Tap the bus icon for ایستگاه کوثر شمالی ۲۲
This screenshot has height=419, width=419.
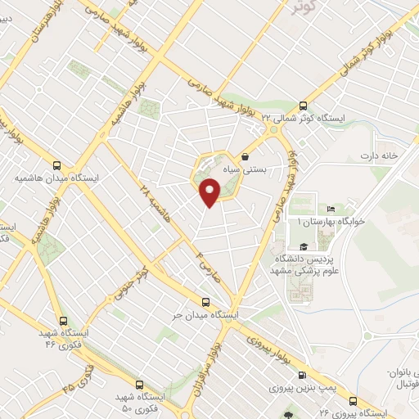(x=304, y=106)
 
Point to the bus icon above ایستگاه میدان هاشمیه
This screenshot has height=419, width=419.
(x=56, y=164)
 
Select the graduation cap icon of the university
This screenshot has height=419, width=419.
(x=303, y=247)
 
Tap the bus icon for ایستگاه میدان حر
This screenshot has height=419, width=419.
(x=205, y=300)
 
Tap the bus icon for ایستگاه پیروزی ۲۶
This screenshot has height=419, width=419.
(x=353, y=401)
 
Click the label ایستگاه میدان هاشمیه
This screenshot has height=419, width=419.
(x=56, y=177)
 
